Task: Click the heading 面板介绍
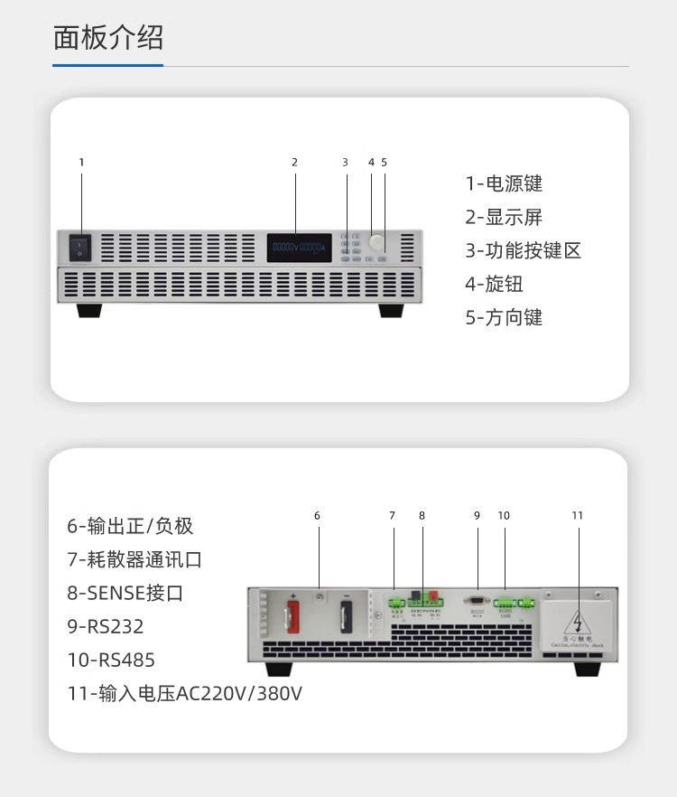(108, 39)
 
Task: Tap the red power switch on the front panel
(81, 246)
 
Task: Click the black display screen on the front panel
(297, 247)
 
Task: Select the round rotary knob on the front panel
(375, 242)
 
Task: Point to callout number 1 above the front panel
(81, 163)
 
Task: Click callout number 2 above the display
(294, 163)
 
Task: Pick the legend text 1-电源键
(504, 183)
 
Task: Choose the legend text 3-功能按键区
(523, 250)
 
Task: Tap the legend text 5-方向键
(504, 317)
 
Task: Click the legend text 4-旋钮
(494, 284)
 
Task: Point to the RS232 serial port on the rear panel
(478, 598)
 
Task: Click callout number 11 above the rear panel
(578, 516)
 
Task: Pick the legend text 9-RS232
(105, 626)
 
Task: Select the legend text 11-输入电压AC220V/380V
(184, 694)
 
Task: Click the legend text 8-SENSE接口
(125, 593)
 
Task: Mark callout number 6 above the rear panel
(317, 516)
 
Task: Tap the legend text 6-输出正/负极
(130, 526)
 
